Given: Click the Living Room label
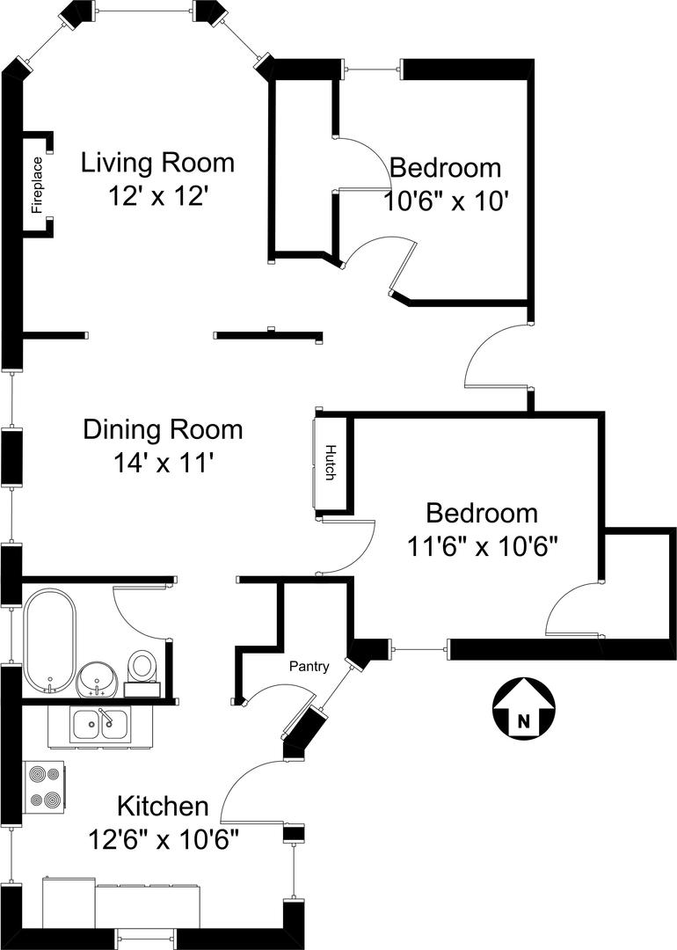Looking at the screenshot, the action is pos(157,163).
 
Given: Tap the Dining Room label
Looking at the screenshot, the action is pos(163,429).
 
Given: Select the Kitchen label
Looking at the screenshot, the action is pos(163,807).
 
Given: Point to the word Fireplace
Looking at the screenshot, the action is pos(38,185).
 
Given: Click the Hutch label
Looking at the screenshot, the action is pos(331,463).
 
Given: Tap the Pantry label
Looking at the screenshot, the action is pos(309,667).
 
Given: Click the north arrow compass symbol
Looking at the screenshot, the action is pos(523,707).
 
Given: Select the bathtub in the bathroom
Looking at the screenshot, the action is pos(50,640).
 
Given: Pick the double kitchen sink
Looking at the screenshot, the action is pos(100,725).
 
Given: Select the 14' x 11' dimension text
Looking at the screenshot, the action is pos(163,464).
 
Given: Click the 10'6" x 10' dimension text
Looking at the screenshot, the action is pos(445,201).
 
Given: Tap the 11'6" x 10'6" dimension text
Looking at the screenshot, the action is pos(482,546).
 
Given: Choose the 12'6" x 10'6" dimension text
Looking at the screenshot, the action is pos(163,840).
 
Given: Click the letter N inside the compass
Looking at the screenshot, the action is pos(523,721).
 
